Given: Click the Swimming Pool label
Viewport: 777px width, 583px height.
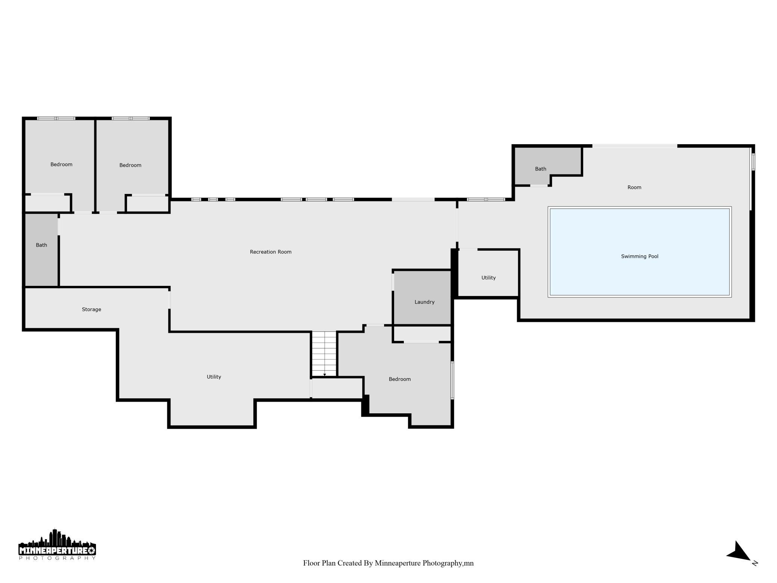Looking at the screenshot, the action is pos(640,256).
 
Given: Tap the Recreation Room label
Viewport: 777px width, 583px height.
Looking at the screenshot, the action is pos(270,252).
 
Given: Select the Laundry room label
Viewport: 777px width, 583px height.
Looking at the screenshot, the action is pos(424,302).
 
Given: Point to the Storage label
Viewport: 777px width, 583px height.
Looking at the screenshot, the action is pos(92,309).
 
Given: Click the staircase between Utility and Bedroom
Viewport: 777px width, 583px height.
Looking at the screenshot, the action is pos(324,354).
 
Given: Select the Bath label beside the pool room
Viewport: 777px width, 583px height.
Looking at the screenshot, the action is pos(541,169).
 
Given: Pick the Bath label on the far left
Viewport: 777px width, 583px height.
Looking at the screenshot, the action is pos(41,245).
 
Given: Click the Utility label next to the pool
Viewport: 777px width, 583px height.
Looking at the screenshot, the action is pos(488,278).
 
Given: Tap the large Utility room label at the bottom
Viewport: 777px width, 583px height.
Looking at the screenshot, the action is pos(214,377).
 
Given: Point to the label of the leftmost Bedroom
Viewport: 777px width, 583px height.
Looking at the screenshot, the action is pos(61,164).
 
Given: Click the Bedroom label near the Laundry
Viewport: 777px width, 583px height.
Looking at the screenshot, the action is pos(400,379).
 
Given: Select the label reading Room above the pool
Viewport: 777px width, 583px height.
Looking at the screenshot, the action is pos(634,187).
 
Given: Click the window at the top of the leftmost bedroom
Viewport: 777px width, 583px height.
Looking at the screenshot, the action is pos(56,118).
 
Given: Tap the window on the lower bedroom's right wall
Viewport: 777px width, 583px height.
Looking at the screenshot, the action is pos(452,380).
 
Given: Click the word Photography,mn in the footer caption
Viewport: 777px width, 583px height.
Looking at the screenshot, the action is pos(448,563).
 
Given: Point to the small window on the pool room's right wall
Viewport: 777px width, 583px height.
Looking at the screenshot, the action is pos(753,162).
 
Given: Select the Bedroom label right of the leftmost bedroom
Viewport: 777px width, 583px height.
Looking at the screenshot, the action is pos(130,165).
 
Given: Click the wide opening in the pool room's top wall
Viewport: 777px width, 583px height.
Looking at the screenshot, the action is pos(635,146).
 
